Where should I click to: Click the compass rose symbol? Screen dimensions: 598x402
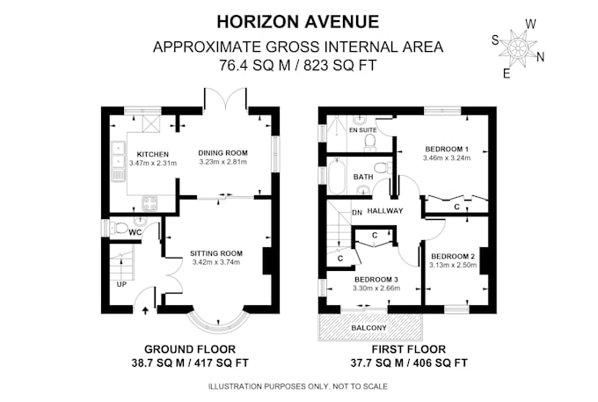tap(518, 48)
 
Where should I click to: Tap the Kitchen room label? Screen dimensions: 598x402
tap(152, 155)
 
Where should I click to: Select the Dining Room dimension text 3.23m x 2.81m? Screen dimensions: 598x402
tap(223, 162)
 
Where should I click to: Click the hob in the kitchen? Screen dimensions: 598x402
tap(149, 202)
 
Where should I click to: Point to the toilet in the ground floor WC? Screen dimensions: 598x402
tap(119, 229)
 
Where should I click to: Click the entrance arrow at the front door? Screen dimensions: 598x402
tap(145, 310)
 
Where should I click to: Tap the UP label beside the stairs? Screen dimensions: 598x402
tap(121, 284)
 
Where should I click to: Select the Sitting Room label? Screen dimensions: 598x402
tap(216, 253)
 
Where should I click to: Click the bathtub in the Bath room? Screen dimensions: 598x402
tap(337, 178)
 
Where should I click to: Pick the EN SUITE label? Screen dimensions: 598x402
tap(362, 130)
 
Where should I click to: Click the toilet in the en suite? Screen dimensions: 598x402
tap(370, 143)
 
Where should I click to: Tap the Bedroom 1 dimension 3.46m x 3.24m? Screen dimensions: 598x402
tap(447, 158)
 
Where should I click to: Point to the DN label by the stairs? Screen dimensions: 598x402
tap(357, 213)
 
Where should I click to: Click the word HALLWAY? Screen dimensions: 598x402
tap(385, 210)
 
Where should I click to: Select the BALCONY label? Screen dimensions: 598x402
tap(368, 328)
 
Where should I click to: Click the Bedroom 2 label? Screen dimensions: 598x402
tap(453, 256)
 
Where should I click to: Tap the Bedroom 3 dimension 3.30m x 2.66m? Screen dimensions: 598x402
tap(376, 289)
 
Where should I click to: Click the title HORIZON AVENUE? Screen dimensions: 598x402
tap(298, 22)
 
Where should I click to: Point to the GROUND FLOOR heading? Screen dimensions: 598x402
tap(190, 349)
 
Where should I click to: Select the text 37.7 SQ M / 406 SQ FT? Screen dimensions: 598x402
tap(409, 362)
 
